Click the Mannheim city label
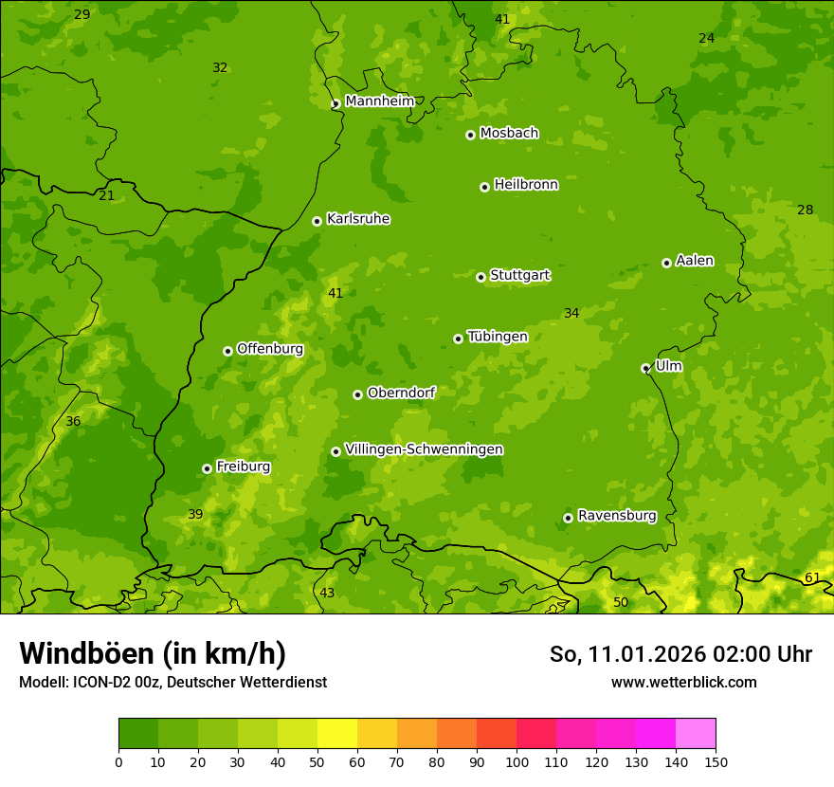click(x=379, y=101)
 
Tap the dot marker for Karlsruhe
click(x=317, y=221)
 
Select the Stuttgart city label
click(x=519, y=276)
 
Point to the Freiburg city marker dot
click(x=207, y=468)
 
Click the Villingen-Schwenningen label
click(x=424, y=449)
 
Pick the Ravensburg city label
click(x=617, y=516)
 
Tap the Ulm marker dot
click(x=645, y=368)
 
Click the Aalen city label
click(x=695, y=261)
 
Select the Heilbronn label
click(x=526, y=185)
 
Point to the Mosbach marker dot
click(x=470, y=135)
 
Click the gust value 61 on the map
click(x=812, y=577)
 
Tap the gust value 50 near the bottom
click(x=620, y=602)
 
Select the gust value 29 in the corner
click(x=82, y=14)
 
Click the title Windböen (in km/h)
click(x=153, y=653)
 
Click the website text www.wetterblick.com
click(x=683, y=682)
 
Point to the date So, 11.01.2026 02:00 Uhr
click(x=680, y=654)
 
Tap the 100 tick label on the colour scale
click(x=517, y=761)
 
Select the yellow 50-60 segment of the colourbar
click(x=337, y=733)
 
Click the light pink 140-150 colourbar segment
click(x=696, y=733)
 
